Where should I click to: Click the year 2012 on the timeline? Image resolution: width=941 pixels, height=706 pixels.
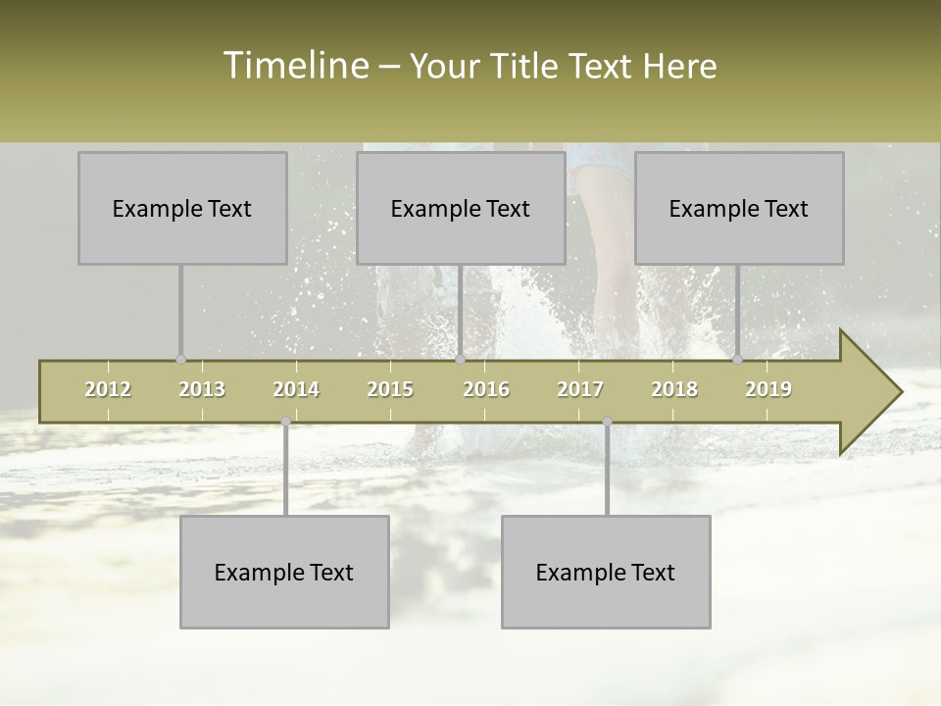[108, 389]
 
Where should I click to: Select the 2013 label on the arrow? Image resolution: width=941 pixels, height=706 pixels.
[202, 389]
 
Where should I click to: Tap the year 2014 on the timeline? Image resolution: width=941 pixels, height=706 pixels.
[296, 389]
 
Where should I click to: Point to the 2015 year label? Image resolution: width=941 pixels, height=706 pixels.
[390, 389]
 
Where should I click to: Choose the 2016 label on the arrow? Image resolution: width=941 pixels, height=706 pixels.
[486, 389]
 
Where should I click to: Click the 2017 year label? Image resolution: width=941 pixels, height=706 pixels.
[580, 389]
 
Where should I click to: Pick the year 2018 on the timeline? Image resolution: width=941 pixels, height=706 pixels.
[674, 389]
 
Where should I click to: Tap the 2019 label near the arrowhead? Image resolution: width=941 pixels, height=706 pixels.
[768, 389]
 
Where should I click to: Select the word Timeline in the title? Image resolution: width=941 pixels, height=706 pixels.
[295, 66]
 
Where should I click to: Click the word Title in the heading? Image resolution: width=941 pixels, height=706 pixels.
[525, 67]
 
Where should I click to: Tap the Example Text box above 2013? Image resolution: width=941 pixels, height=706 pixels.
[182, 208]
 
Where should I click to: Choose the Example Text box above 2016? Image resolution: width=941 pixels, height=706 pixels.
[461, 208]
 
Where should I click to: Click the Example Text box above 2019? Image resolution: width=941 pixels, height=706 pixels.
[739, 208]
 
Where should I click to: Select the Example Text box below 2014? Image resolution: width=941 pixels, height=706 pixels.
[284, 572]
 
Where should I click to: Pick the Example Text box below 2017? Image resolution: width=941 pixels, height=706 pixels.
[606, 572]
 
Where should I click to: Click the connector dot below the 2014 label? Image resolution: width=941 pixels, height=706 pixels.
[285, 422]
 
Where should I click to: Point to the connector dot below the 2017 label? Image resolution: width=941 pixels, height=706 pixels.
[607, 422]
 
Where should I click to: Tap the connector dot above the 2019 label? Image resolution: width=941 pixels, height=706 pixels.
[737, 359]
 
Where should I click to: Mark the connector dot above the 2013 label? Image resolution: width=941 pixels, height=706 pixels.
[180, 359]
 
